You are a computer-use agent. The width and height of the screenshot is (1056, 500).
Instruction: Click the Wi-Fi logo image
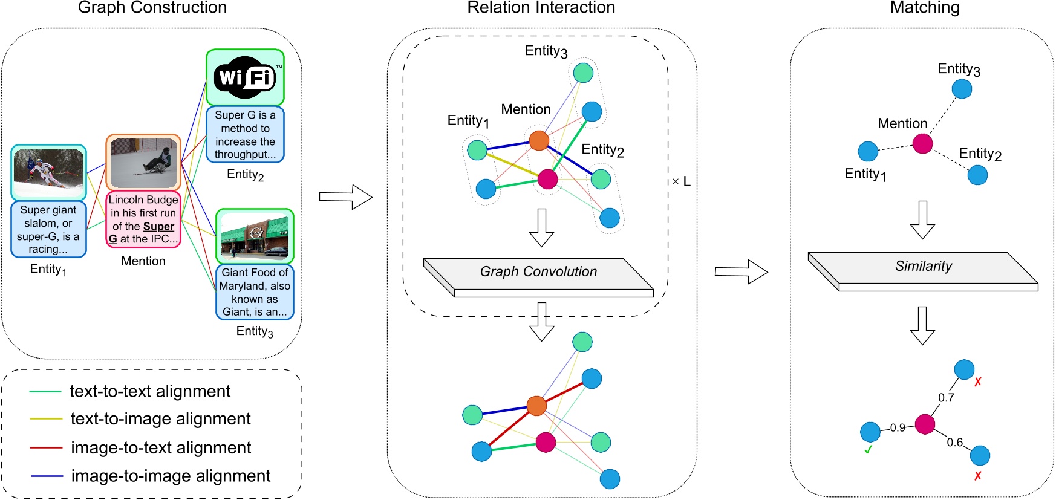click(x=245, y=77)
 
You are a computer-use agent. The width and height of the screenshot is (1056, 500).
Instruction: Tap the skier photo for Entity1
click(x=48, y=173)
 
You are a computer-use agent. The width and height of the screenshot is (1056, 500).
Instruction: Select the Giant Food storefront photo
click(x=255, y=236)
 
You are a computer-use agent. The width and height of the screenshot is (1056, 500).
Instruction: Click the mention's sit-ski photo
click(x=143, y=162)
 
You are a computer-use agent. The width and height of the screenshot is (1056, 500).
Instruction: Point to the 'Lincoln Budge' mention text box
click(x=143, y=219)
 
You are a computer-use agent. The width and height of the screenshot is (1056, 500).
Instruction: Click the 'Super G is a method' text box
click(x=245, y=135)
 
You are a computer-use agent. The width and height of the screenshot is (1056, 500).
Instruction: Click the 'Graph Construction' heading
click(x=152, y=8)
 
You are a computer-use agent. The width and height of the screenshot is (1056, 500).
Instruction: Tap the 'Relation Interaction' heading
click(x=541, y=8)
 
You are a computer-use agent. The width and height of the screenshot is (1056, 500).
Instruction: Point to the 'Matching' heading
click(x=925, y=8)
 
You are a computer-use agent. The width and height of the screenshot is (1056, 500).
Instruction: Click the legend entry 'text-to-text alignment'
click(x=150, y=391)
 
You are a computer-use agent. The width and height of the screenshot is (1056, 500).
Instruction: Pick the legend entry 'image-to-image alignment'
click(x=171, y=476)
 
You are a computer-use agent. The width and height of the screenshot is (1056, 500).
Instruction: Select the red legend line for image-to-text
click(x=46, y=448)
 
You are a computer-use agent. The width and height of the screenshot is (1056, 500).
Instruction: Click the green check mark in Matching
click(x=868, y=450)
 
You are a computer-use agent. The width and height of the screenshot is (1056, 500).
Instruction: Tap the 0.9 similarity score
click(x=898, y=428)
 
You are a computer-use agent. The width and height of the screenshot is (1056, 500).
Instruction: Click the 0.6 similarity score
click(x=954, y=443)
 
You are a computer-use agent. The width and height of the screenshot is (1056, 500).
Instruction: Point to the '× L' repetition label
click(x=681, y=181)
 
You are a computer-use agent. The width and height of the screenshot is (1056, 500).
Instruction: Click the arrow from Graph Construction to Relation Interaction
click(x=345, y=197)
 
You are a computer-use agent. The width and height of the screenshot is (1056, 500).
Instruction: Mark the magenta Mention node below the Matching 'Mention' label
click(x=922, y=144)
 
